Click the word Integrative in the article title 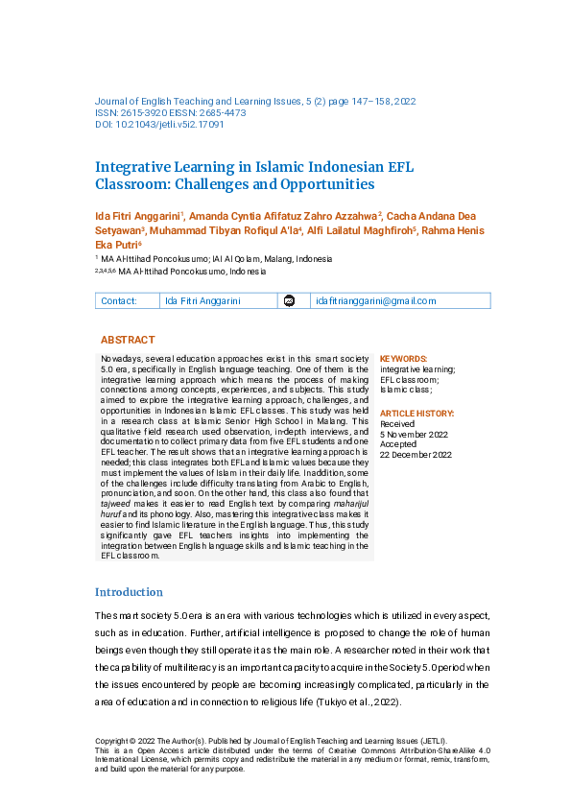coord(133,166)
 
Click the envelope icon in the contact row coord(289,301)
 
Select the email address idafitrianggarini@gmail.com coord(375,300)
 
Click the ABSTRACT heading coord(128,340)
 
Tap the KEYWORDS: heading coord(404,358)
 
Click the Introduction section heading coord(129,592)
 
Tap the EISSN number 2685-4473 coord(222,112)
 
